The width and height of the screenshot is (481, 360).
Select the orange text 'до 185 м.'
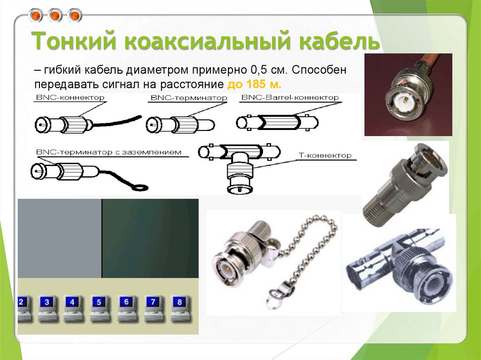click(254, 84)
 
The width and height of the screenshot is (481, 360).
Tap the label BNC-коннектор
click(70, 98)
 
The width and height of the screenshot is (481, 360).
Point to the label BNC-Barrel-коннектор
click(289, 98)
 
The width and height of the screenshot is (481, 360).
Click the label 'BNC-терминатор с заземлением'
click(108, 152)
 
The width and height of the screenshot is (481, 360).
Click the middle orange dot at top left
click(55, 16)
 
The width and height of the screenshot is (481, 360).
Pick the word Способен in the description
click(315, 70)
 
